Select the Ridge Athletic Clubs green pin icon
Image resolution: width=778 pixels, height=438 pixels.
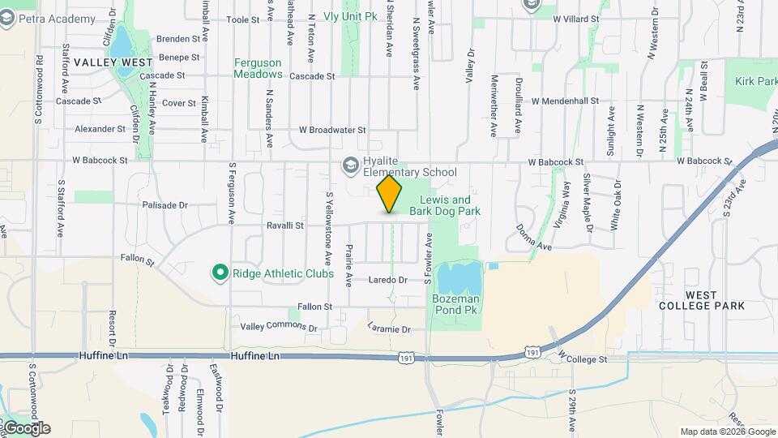pos(219,273)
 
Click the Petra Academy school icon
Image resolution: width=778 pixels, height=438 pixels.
pos(8,18)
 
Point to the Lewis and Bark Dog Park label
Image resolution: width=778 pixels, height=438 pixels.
pos(445,205)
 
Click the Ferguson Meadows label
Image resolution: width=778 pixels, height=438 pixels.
pos(258,68)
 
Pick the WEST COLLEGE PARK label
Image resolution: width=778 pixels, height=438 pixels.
pos(702,299)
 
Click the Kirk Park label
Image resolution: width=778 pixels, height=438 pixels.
pos(755,81)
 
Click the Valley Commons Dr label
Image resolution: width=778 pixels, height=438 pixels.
pos(279,328)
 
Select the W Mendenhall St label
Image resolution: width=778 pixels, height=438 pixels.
pos(565,101)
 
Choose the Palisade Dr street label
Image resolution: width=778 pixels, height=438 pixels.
pos(164,206)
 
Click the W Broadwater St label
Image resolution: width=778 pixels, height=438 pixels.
pos(332,129)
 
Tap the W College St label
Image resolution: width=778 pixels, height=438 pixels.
pos(581,358)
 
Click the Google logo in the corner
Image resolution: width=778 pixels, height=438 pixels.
pos(26,428)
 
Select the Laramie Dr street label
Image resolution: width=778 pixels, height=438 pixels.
pos(390,330)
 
